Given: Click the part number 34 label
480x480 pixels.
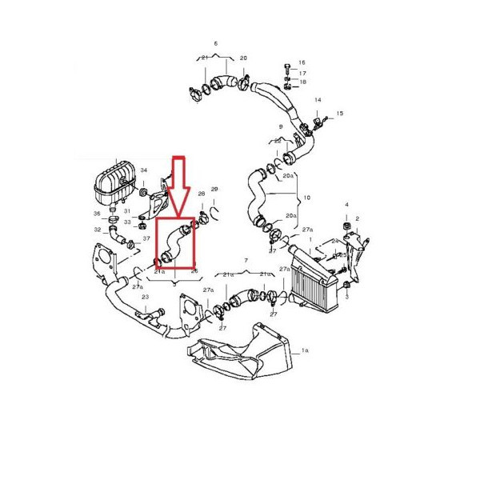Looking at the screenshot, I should pos(144,170).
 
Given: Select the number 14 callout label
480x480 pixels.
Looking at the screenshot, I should pos(318,100).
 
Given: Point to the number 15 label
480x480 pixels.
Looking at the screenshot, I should pos(339,114).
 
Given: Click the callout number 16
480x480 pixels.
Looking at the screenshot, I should pos(302,62).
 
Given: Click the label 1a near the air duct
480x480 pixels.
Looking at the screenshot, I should pos(304,351).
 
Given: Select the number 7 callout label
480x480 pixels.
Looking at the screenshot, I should pos(246,262).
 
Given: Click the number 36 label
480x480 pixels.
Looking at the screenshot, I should pos(96,214).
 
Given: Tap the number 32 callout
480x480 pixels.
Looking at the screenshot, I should pos(97,230).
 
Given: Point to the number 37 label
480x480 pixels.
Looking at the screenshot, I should pos(146,238).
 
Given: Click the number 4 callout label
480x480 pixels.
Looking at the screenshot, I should pos(346,206).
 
